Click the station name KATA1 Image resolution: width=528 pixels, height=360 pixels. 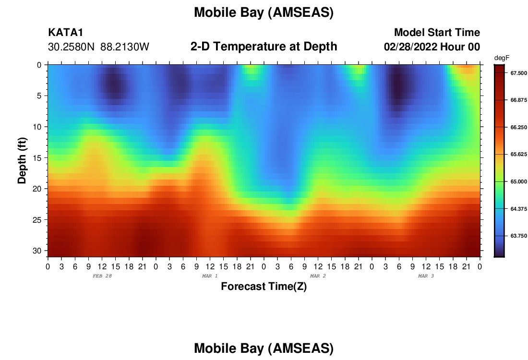[66, 33]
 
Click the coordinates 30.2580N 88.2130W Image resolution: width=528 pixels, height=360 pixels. [98, 47]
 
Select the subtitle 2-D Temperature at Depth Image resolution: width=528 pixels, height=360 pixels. [264, 47]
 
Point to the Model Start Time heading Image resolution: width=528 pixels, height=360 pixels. [437, 33]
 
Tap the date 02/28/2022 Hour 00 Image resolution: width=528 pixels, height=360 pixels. [432, 47]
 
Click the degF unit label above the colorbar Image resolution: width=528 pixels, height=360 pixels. [502, 58]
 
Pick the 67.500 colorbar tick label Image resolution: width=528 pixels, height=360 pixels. [518, 73]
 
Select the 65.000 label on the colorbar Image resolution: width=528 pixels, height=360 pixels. [518, 181]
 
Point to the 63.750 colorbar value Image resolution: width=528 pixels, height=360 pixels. [518, 236]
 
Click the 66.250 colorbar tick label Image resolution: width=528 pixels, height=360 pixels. [518, 127]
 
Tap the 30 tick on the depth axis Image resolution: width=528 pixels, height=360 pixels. [37, 251]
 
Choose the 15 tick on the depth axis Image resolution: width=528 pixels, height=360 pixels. [37, 158]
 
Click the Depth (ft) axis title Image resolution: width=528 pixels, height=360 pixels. [22, 160]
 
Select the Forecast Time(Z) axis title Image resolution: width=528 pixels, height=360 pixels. [264, 286]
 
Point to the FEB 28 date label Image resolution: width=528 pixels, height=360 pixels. [102, 276]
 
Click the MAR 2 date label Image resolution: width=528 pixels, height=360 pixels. [318, 276]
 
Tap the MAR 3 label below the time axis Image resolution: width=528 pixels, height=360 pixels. [426, 276]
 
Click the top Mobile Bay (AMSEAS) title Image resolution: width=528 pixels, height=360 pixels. [264, 12]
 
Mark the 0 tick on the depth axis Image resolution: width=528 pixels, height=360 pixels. [39, 65]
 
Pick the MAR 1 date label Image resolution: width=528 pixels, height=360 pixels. [210, 276]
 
